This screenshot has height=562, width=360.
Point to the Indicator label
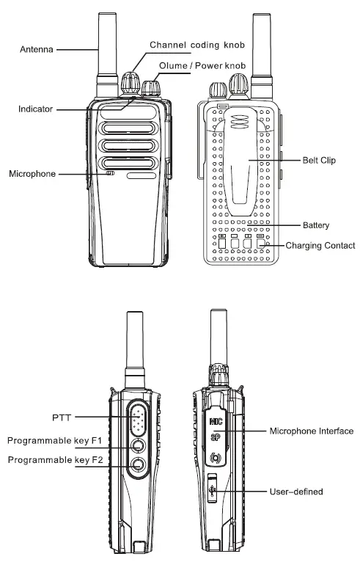[x=36, y=109]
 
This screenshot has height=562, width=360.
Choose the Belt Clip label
[x=319, y=159]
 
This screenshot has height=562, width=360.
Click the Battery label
[x=316, y=225]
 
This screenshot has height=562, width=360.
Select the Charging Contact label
[x=320, y=245]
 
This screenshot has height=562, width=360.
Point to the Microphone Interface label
[x=312, y=431]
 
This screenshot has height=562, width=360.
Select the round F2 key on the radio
[x=138, y=464]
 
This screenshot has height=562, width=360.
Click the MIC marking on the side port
[x=216, y=422]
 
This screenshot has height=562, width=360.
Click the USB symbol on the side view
[x=213, y=489]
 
